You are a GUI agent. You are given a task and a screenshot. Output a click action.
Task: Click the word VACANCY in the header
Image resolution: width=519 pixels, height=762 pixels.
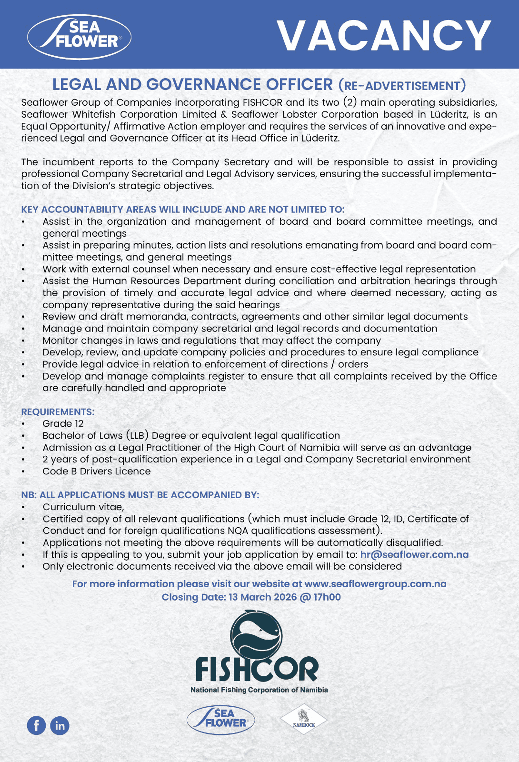click(383, 35)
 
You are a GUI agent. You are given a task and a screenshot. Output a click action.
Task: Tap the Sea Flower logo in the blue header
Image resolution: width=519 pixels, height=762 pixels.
click(80, 36)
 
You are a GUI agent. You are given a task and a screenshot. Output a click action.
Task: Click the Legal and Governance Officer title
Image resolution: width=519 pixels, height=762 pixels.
click(192, 84)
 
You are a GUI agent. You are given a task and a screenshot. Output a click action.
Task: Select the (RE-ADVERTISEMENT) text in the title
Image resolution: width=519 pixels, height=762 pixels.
click(402, 86)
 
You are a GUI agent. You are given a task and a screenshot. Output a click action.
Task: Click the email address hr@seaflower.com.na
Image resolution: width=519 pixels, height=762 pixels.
click(414, 554)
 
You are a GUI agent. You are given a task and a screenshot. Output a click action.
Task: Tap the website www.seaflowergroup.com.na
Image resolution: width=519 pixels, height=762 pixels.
click(375, 584)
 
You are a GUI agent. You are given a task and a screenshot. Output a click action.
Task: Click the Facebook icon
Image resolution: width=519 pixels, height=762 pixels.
click(36, 725)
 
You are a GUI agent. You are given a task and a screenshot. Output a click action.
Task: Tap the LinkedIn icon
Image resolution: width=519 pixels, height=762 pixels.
click(60, 725)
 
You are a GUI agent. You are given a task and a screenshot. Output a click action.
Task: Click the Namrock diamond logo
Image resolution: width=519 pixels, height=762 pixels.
click(304, 719)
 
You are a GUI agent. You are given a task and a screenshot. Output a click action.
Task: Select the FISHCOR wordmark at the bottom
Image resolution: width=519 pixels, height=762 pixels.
click(257, 669)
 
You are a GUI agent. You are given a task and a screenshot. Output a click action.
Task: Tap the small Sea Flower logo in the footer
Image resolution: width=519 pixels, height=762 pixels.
click(221, 719)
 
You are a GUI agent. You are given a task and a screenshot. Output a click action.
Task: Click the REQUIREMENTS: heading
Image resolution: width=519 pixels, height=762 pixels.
click(58, 412)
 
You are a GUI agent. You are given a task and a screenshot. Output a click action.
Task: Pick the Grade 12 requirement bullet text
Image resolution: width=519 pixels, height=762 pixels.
click(63, 424)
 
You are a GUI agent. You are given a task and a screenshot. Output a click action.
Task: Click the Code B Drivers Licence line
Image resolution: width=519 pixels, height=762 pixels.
click(96, 471)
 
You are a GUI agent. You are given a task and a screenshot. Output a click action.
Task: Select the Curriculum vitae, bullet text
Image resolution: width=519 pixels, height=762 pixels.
click(83, 507)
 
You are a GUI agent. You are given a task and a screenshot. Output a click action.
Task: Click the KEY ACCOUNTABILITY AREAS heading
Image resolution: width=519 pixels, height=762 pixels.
click(182, 210)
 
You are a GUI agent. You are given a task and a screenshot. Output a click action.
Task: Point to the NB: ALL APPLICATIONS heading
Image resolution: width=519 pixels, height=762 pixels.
click(140, 495)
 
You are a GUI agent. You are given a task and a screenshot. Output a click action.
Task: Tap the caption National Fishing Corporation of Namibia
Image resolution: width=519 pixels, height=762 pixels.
click(259, 690)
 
